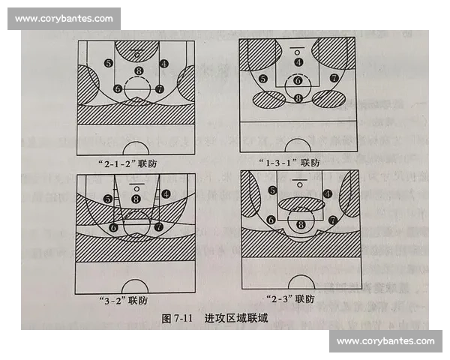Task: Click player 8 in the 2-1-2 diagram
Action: click(138, 72)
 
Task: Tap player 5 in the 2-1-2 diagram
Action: click(109, 64)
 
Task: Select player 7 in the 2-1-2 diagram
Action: click(159, 89)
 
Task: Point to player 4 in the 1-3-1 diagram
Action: click(298, 63)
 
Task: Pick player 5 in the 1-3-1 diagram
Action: click(262, 79)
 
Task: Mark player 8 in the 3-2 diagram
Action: click(136, 199)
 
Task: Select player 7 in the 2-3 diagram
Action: click(332, 220)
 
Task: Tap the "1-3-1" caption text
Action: click(296, 162)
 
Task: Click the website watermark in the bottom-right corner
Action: click(385, 342)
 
